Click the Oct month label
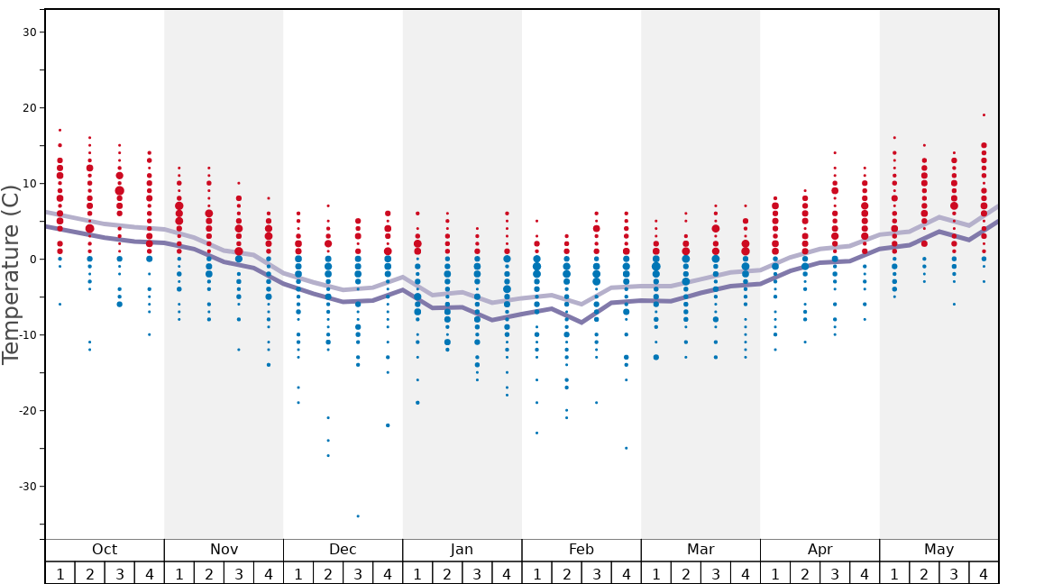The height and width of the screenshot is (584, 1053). [x=105, y=550]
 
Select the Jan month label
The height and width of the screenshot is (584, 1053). [x=462, y=550]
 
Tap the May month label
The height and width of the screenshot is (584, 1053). [x=939, y=550]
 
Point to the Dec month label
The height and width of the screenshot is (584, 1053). [x=343, y=550]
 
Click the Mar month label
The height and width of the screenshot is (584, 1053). [x=700, y=550]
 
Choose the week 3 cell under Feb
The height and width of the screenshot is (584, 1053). [x=596, y=573]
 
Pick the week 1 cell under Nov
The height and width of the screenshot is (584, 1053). [x=179, y=573]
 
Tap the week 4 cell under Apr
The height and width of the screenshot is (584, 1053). [x=865, y=573]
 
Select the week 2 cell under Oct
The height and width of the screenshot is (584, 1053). [x=90, y=573]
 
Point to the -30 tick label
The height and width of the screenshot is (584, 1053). [x=26, y=487]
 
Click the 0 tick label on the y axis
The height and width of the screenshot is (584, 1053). [x=33, y=260]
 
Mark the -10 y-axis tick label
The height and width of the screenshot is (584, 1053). [x=26, y=335]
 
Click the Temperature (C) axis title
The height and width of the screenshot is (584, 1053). [x=11, y=274]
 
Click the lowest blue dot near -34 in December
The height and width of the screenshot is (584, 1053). [x=358, y=516]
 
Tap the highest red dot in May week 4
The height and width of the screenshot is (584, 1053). [x=984, y=115]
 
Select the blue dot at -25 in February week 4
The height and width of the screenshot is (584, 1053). [x=626, y=448]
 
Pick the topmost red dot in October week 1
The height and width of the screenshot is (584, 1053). [x=60, y=130]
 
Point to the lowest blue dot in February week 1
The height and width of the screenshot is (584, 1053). [x=536, y=433]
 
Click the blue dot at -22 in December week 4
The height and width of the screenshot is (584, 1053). [x=388, y=425]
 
